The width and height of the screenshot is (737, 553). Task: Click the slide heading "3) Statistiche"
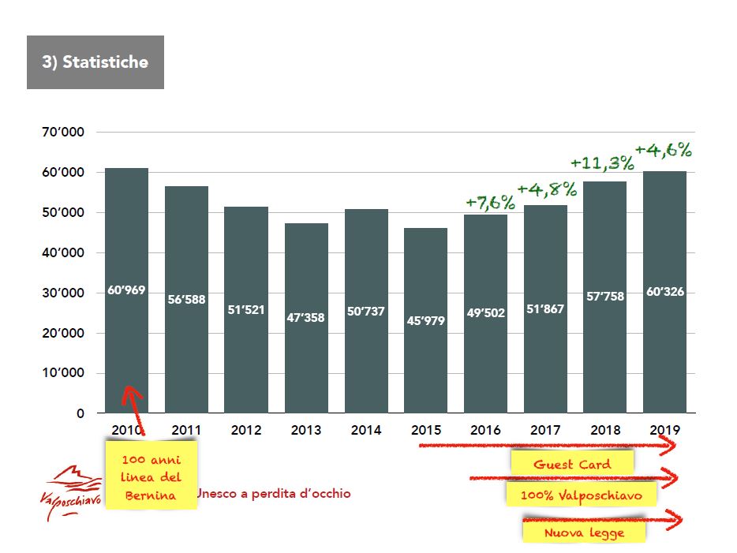pos(95,62)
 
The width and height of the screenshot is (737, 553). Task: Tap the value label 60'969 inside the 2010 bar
pos(126,291)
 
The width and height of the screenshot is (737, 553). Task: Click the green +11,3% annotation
pos(602,163)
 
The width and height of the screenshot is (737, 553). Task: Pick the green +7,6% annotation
pos(489,202)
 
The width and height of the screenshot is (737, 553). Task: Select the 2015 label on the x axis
pos(426,430)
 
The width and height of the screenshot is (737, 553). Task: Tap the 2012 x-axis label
pos(246,430)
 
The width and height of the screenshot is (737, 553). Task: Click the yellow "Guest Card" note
pos(572,464)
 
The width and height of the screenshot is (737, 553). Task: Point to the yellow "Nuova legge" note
pos(584,532)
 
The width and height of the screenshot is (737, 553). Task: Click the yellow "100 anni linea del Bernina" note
pos(151,476)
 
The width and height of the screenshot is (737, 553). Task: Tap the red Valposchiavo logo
pos(70,491)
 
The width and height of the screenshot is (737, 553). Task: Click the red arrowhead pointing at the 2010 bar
pos(131,394)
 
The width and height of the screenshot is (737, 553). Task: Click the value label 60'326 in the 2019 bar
pos(664,291)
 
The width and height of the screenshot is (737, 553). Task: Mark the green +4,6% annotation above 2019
pos(663,149)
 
